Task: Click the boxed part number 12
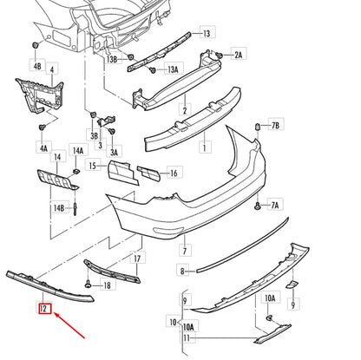click(43, 306)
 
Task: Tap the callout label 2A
click(239, 54)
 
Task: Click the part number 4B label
click(36, 66)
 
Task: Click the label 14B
click(58, 208)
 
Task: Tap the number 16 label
click(174, 173)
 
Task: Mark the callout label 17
click(135, 258)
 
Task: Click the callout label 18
click(108, 285)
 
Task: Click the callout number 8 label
click(182, 272)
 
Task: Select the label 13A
click(174, 69)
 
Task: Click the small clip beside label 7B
click(258, 127)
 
